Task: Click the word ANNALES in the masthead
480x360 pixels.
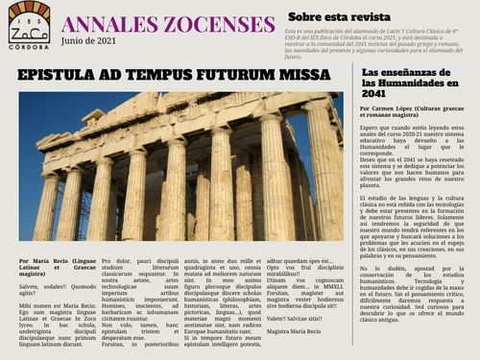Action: click(x=105, y=23)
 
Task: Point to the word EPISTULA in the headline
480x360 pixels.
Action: click(x=64, y=74)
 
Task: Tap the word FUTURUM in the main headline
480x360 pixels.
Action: click(x=244, y=74)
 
